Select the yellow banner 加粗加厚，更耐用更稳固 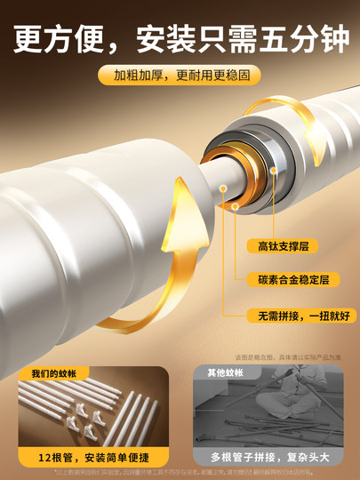tap(180, 76)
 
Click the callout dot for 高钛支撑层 tap(236, 206)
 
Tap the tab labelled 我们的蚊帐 tap(53, 373)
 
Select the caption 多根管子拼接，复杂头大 tap(267, 456)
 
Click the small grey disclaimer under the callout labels tap(288, 356)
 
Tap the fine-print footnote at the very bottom tap(180, 474)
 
